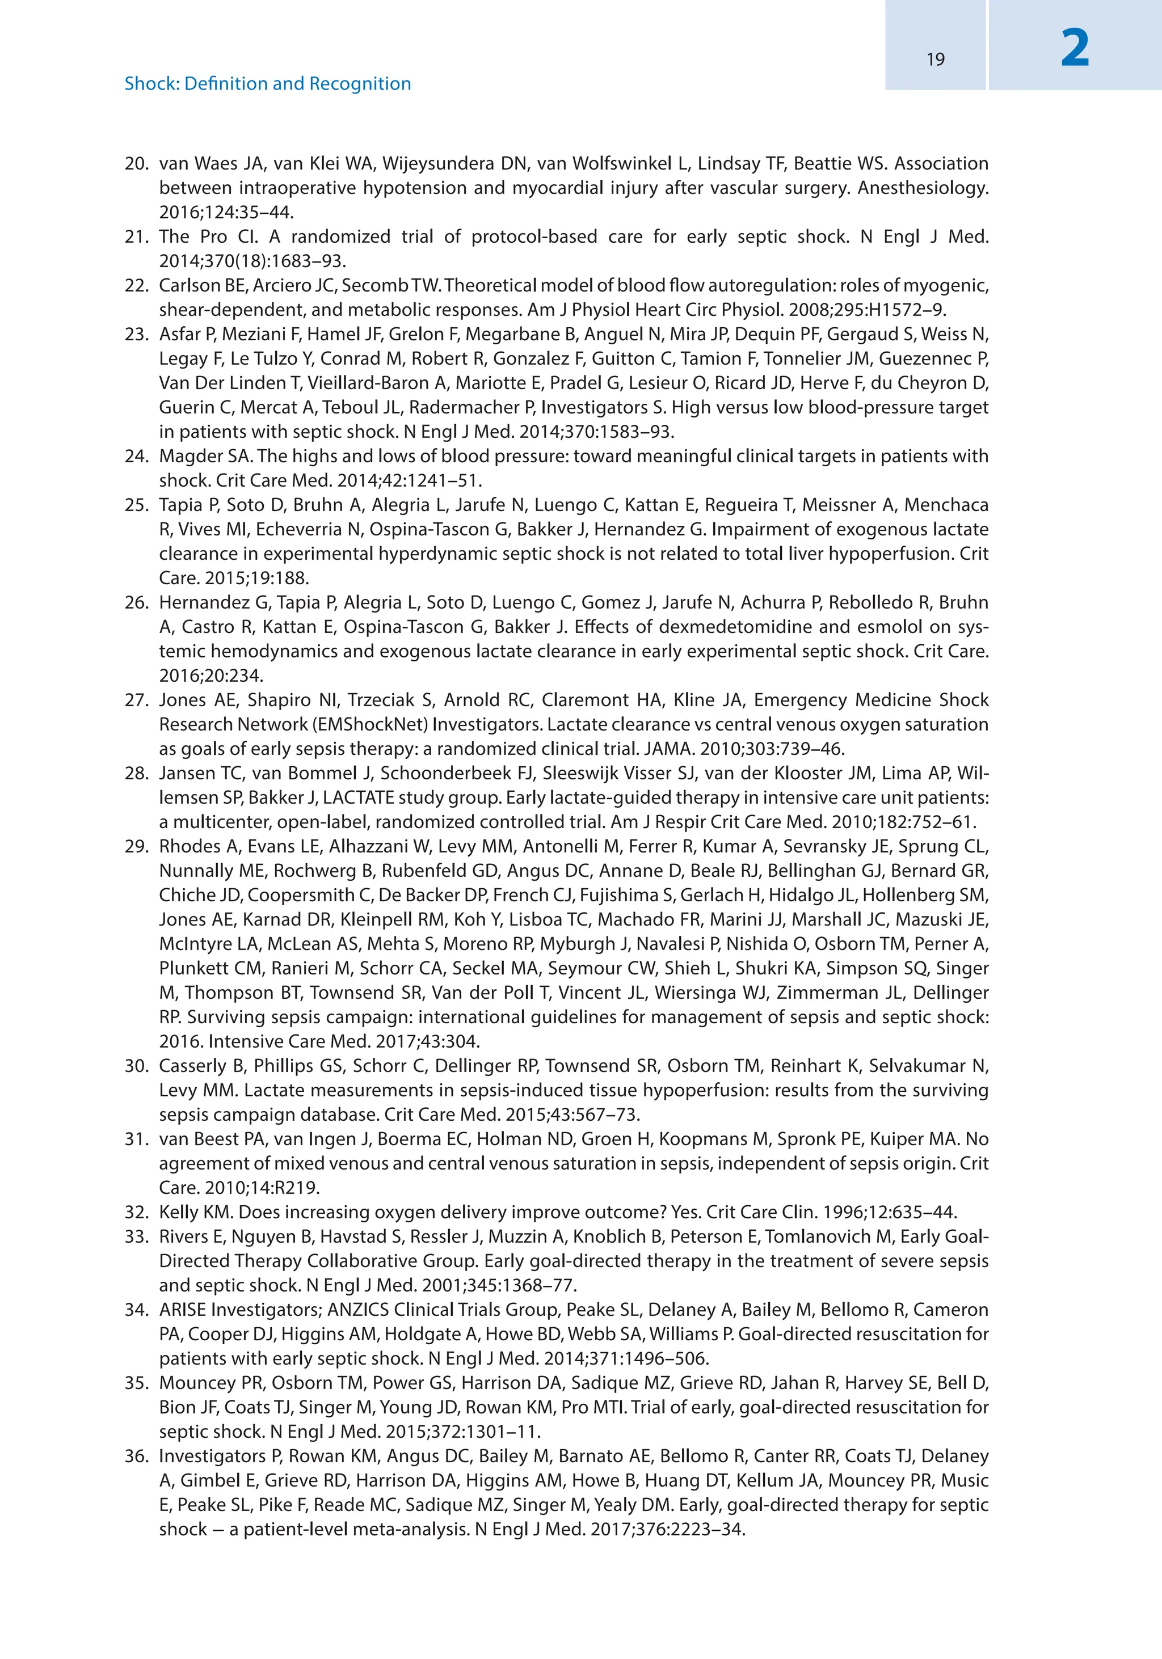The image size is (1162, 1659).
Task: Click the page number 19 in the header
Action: pyautogui.click(x=935, y=59)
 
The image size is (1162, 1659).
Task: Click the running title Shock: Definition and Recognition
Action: pyautogui.click(x=267, y=84)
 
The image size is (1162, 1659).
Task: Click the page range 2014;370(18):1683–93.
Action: pyautogui.click(x=252, y=261)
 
